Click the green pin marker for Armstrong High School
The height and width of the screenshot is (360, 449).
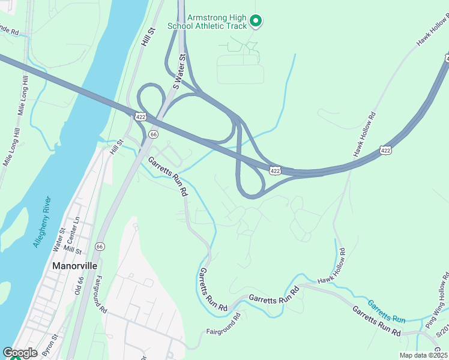[x=256, y=22]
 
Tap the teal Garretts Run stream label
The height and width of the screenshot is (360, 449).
[x=387, y=311]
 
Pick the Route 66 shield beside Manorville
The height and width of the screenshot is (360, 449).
[x=99, y=247]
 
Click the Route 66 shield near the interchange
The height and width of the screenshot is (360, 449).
[x=154, y=134]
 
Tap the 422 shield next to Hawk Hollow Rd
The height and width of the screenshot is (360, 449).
[x=386, y=149]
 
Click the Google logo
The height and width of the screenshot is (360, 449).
[x=20, y=353]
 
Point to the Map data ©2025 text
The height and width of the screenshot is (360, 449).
[x=423, y=355]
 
